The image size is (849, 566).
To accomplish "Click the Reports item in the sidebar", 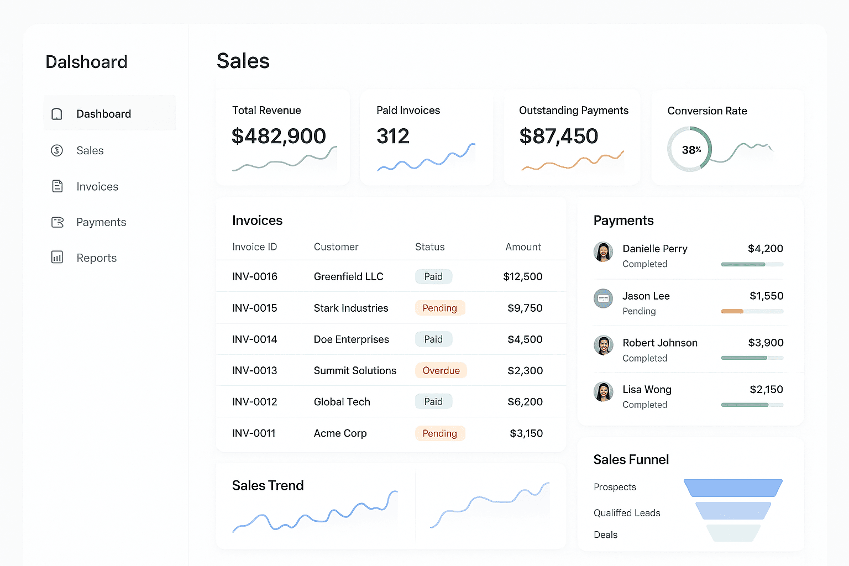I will pyautogui.click(x=96, y=258).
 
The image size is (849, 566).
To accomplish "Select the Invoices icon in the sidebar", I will pyautogui.click(x=57, y=186).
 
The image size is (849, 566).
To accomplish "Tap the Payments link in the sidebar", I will pyautogui.click(x=101, y=222).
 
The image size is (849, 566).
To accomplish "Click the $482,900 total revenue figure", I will pyautogui.click(x=279, y=136).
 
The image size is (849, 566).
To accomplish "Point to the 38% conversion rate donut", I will pyautogui.click(x=689, y=149).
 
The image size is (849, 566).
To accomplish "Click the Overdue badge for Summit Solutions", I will pyautogui.click(x=441, y=370).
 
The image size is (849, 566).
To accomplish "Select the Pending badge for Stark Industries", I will pyautogui.click(x=439, y=308).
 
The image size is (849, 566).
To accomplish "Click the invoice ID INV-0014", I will pyautogui.click(x=255, y=339).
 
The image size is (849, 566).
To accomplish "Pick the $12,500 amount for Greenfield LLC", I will pyautogui.click(x=522, y=276).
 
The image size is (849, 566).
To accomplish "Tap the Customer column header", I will pyautogui.click(x=336, y=247).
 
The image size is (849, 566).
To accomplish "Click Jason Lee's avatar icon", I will pyautogui.click(x=603, y=298).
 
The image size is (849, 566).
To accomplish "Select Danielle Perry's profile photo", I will pyautogui.click(x=603, y=251).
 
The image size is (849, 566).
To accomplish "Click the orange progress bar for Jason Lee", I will pyautogui.click(x=732, y=311).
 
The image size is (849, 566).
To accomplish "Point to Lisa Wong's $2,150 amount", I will pyautogui.click(x=766, y=390).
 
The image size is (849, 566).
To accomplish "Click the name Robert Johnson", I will pyautogui.click(x=659, y=343).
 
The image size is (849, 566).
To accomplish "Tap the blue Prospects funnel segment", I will pyautogui.click(x=733, y=488).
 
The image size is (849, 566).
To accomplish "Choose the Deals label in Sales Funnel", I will pyautogui.click(x=605, y=535).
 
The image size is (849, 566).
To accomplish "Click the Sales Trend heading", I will pyautogui.click(x=268, y=485).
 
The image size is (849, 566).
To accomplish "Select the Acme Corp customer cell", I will pyautogui.click(x=340, y=433).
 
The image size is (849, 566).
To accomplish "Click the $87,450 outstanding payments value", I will pyautogui.click(x=558, y=136).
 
